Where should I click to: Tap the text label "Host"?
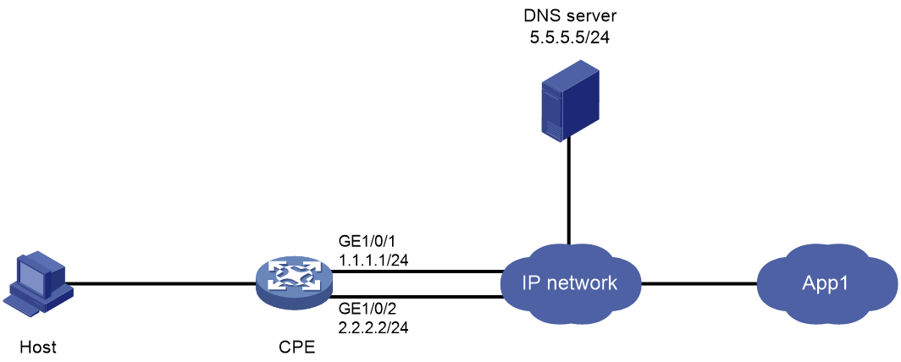pyautogui.click(x=36, y=347)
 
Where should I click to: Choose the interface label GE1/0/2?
pyautogui.click(x=364, y=310)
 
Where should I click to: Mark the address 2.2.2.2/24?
pyautogui.click(x=373, y=328)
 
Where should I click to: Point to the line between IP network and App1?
pyautogui.click(x=699, y=282)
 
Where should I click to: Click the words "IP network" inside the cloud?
pyautogui.click(x=569, y=282)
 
